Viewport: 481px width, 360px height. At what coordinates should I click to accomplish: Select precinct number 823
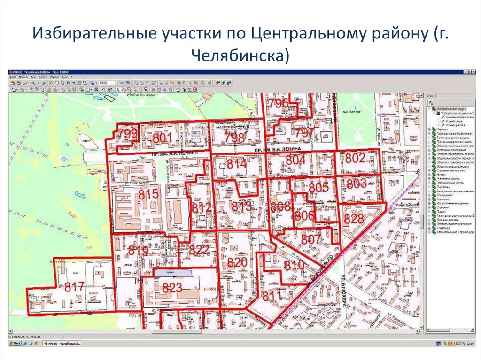tap(172, 288)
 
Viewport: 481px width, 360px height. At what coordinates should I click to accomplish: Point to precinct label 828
tap(354, 219)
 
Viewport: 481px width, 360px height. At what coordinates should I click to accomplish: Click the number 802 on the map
tap(355, 159)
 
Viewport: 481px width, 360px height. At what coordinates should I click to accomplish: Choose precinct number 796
tap(279, 104)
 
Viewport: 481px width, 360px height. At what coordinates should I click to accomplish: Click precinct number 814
tap(236, 164)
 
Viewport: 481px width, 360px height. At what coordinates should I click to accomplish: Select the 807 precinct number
tap(310, 239)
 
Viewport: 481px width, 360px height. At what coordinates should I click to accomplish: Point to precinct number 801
tap(163, 138)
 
